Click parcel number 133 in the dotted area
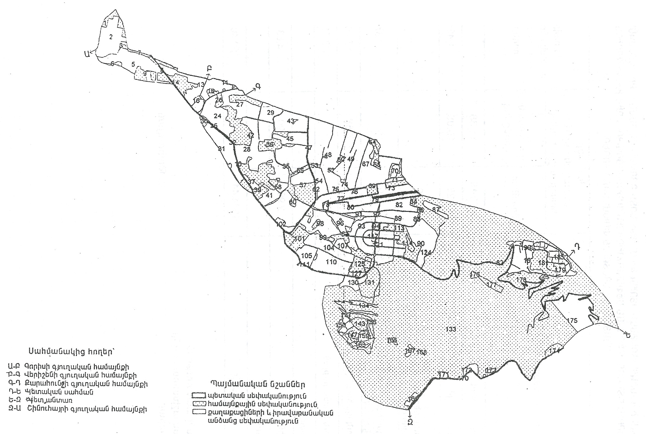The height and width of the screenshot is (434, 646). [451, 329]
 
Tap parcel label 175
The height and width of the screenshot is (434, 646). [572, 321]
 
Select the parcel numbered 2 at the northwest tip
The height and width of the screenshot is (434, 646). [111, 37]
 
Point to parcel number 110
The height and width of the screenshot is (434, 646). [331, 262]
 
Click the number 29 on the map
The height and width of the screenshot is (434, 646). [270, 113]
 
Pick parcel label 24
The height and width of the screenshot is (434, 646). [217, 116]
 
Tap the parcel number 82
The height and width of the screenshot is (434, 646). [399, 205]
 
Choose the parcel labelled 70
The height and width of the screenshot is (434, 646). [395, 171]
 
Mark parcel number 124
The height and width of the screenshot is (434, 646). [426, 253]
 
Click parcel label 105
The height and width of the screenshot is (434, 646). [307, 256]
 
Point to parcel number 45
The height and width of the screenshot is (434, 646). [290, 139]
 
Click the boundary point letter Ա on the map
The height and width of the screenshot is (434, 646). [87, 54]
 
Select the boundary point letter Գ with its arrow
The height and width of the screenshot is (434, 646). [258, 87]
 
